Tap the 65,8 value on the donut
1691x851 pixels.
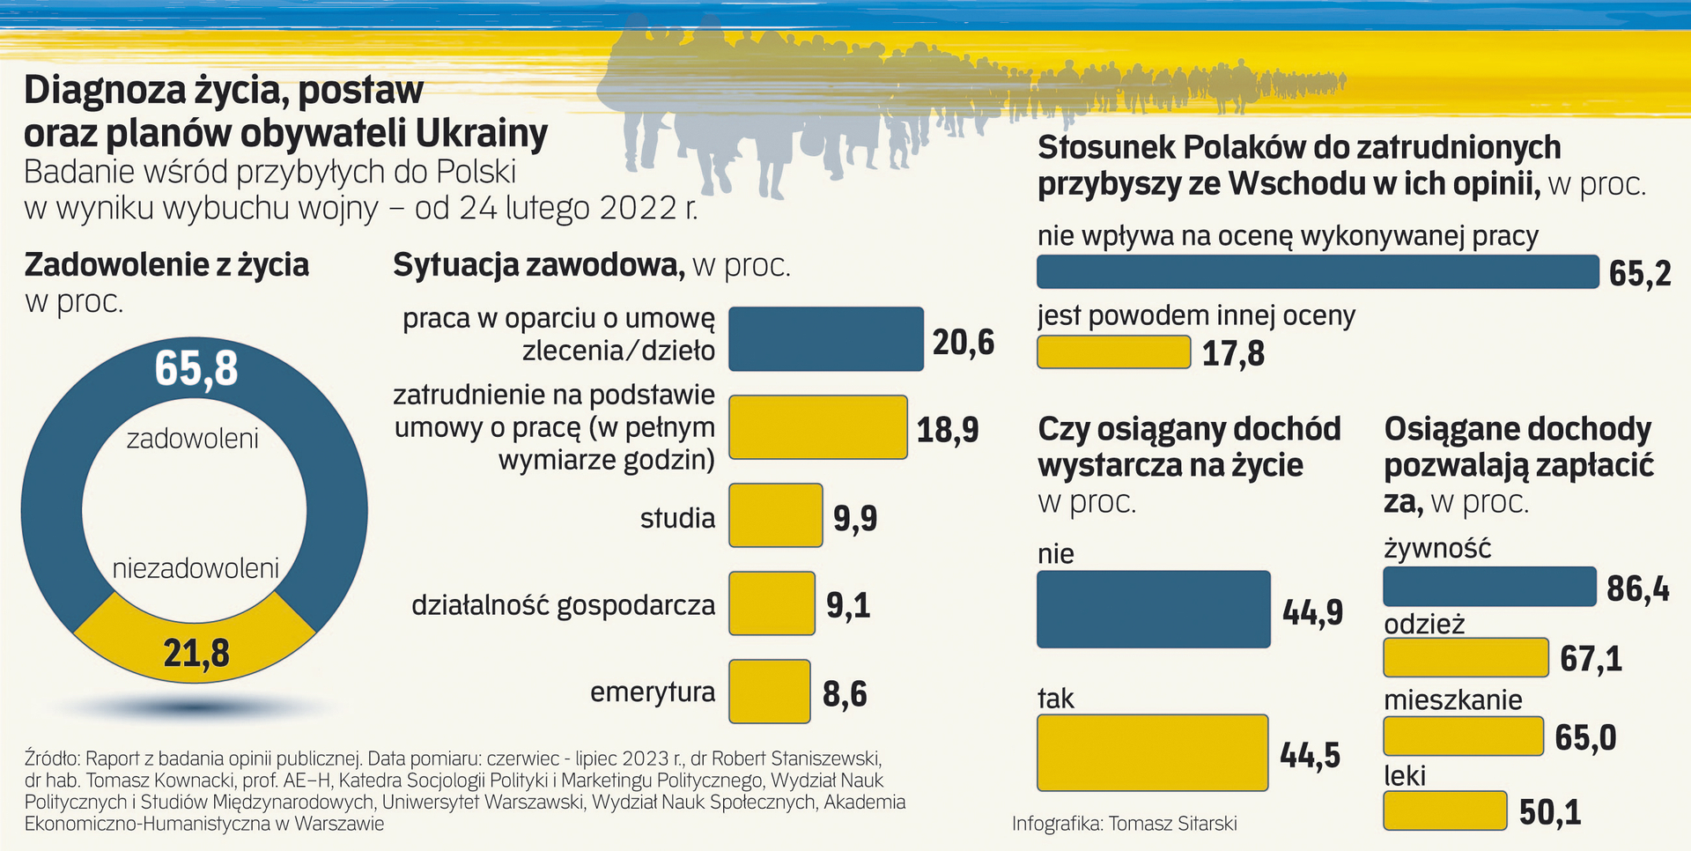pyautogui.click(x=196, y=368)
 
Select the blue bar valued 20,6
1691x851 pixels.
pyautogui.click(x=825, y=339)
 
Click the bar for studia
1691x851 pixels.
pyautogui.click(x=775, y=515)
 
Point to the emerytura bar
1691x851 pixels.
pyautogui.click(x=769, y=692)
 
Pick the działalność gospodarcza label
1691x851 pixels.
pyautogui.click(x=563, y=605)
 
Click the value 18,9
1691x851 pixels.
pyautogui.click(x=947, y=429)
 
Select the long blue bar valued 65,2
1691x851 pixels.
pyautogui.click(x=1317, y=272)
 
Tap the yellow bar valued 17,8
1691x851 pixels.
pyautogui.click(x=1113, y=352)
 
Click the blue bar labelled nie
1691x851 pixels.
pyautogui.click(x=1153, y=610)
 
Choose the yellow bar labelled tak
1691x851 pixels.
pyautogui.click(x=1152, y=752)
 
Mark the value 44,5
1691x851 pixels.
pyautogui.click(x=1310, y=755)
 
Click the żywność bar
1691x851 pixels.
pyautogui.click(x=1488, y=587)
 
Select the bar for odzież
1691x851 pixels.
pyautogui.click(x=1466, y=657)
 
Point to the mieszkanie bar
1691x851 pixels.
pyautogui.click(x=1463, y=736)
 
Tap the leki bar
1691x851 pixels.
pyautogui.click(x=1444, y=810)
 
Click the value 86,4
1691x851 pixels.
pyautogui.click(x=1637, y=588)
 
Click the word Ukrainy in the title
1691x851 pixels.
pyautogui.click(x=481, y=133)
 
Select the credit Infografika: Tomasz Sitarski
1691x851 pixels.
pyautogui.click(x=1124, y=824)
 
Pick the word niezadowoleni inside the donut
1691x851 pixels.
pyautogui.click(x=196, y=568)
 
